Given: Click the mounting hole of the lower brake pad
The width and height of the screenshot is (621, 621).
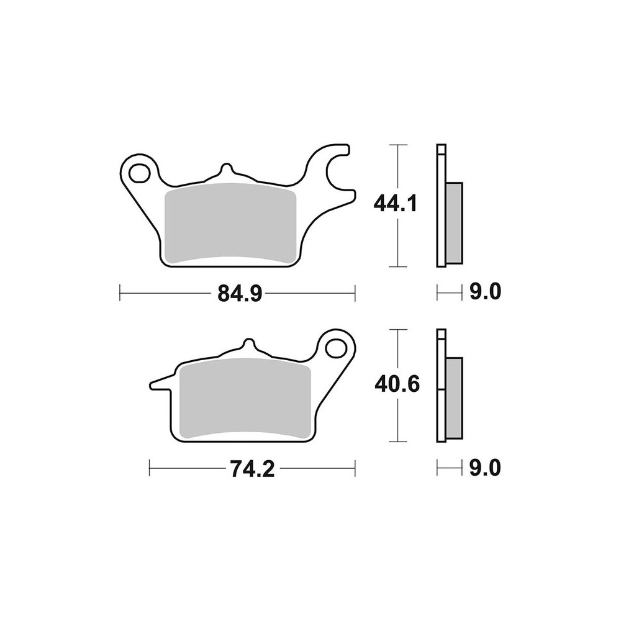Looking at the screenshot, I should pos(338,345).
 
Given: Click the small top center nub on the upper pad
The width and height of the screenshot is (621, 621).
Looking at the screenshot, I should pos(227,170).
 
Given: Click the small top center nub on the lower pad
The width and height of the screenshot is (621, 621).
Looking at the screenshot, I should pos(248,345).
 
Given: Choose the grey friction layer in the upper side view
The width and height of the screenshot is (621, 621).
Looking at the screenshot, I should pos(455,221).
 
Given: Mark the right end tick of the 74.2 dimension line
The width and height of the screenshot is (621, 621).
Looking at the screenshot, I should pos(355,469).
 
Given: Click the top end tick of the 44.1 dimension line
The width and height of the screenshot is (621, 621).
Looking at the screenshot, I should pos(397,144).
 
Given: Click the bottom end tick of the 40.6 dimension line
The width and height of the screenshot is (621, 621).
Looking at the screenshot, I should pos(397,442).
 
